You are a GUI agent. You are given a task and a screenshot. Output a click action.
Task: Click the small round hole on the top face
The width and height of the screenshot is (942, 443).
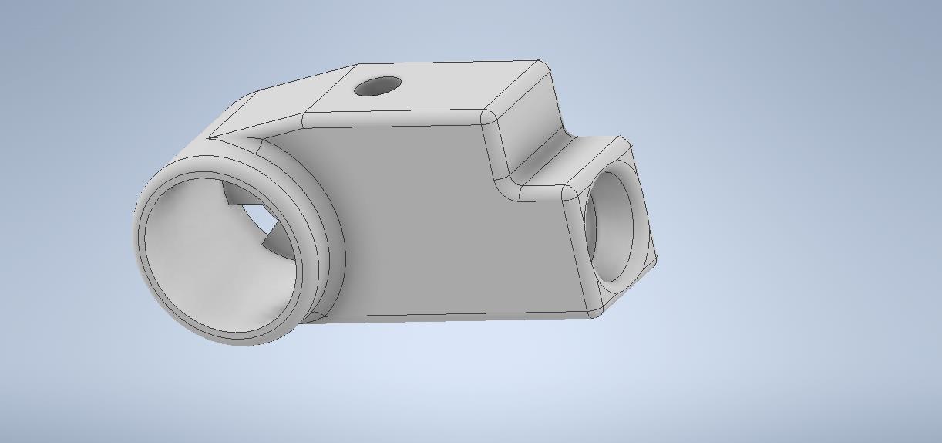(x=378, y=86)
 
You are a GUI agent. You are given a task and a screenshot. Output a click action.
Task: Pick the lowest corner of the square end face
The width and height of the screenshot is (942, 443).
(x=595, y=313)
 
